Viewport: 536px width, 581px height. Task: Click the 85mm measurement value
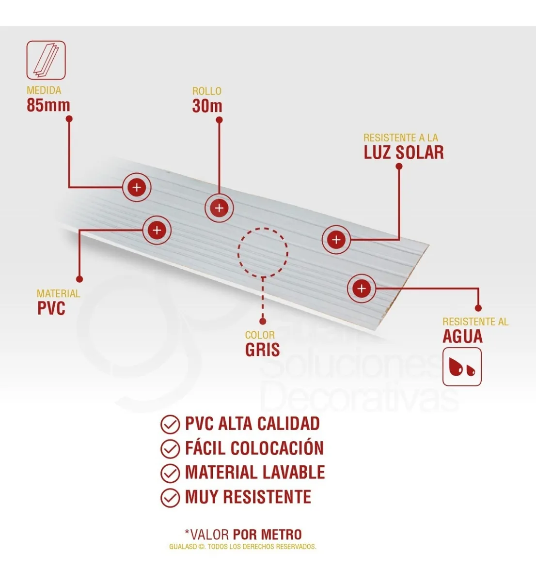pos(48,105)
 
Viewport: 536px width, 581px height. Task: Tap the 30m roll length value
pos(207,106)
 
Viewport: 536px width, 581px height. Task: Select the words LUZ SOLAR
pos(404,153)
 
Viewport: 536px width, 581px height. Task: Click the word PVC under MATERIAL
pos(51,308)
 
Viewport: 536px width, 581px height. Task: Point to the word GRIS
pos(262,350)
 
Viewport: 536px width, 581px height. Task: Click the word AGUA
pos(462,336)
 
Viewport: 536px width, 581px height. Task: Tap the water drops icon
pos(462,367)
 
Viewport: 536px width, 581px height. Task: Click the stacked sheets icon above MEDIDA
pos(46,60)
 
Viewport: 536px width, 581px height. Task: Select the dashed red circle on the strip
pos(263,252)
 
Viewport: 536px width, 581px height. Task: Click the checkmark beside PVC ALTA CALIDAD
pos(170,424)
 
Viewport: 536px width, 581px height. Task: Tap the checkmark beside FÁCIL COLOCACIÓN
pos(170,449)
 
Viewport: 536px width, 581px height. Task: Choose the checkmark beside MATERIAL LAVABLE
pos(170,473)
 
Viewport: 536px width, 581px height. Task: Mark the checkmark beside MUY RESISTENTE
pos(170,498)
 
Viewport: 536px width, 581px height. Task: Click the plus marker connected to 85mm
pos(137,187)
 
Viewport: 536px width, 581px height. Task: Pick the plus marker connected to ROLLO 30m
pos(220,208)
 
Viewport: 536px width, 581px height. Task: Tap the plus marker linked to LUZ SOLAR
pos(336,240)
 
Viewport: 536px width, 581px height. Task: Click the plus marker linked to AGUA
pos(362,289)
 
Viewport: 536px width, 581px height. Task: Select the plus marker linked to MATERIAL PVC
pos(157,230)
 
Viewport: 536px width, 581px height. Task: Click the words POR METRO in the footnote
pos(267,535)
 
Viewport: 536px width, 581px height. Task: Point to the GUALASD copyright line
pos(243,547)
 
